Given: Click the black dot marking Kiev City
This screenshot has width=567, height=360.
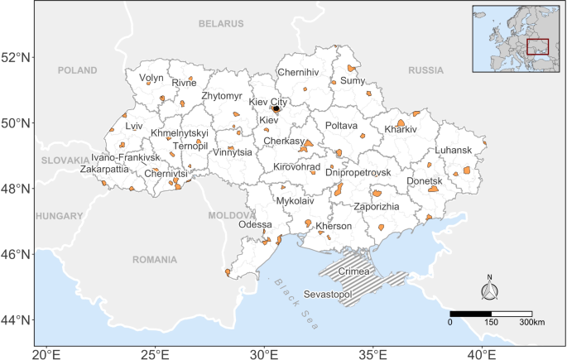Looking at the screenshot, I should [x=276, y=108].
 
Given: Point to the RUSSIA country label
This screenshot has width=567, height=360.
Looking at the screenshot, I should [x=426, y=70].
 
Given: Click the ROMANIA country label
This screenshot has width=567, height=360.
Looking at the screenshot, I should [x=154, y=259].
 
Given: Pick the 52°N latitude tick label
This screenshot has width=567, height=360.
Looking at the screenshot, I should [x=17, y=58].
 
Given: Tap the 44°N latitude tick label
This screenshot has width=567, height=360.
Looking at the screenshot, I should [x=17, y=319].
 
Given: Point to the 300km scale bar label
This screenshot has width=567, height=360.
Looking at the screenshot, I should [x=531, y=321].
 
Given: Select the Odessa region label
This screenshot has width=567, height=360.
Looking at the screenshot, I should [x=254, y=225].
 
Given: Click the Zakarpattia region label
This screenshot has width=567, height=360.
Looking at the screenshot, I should [x=104, y=169].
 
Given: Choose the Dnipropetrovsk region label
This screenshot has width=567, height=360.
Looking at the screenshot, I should [x=358, y=172].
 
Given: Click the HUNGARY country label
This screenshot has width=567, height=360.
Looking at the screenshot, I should [x=55, y=215].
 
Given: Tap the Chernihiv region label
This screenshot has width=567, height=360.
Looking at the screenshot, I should [x=298, y=73].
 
